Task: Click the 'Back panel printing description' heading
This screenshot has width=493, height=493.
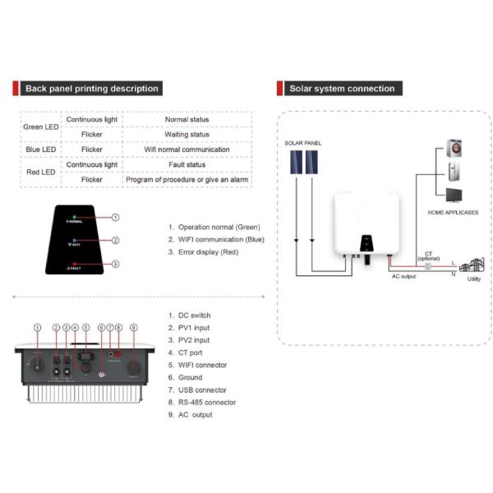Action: [91, 89]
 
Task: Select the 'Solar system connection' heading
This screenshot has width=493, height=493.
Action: [341, 89]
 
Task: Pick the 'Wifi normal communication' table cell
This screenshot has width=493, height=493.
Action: [187, 150]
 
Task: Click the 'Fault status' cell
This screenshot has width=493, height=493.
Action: [187, 164]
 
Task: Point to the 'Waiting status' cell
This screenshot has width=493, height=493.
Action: [187, 135]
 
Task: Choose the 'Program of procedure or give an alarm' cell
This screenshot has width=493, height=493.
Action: [187, 179]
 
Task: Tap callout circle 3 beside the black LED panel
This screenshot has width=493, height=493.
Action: [116, 264]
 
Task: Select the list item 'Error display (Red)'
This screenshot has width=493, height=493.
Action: [207, 252]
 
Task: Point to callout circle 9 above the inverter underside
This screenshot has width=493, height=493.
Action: [133, 328]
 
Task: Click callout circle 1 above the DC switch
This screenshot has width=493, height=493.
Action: [36, 328]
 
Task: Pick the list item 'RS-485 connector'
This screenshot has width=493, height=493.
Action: [207, 403]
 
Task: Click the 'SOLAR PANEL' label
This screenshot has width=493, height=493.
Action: [303, 143]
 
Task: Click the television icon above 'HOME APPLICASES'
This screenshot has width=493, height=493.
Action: [454, 196]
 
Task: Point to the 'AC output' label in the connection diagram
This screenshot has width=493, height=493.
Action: [403, 277]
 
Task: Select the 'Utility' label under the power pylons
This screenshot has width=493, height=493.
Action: [474, 279]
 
